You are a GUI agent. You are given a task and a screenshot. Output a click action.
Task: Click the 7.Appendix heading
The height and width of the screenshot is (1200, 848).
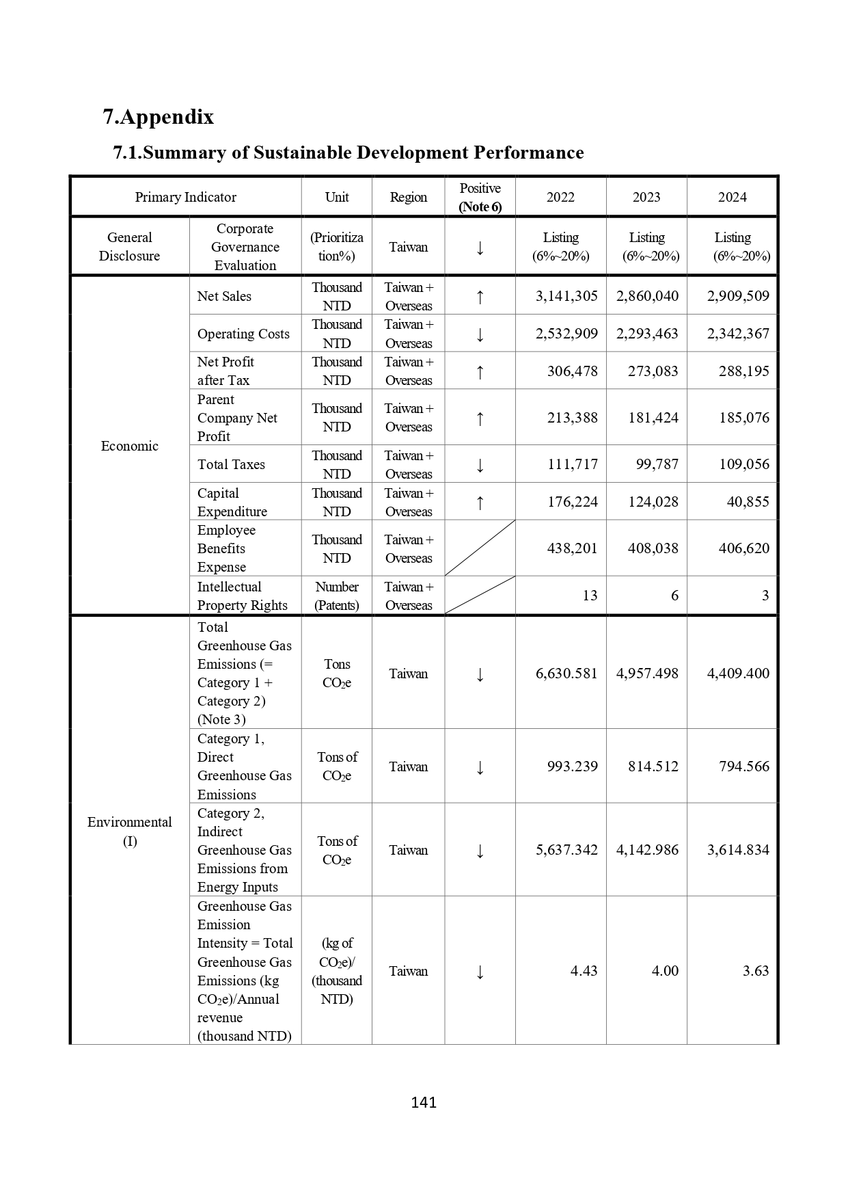coord(159,117)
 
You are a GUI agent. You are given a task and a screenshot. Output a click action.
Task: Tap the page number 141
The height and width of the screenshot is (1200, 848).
coord(424,1102)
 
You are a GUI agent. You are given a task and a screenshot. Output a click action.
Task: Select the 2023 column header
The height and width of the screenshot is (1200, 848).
coord(646,198)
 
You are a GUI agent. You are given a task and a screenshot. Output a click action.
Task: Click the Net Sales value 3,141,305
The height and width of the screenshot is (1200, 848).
coord(566,296)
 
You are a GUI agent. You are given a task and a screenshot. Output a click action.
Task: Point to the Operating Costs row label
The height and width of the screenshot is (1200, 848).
coord(243,334)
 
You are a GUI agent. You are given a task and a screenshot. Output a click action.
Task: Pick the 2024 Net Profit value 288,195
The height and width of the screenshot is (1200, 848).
coord(743,371)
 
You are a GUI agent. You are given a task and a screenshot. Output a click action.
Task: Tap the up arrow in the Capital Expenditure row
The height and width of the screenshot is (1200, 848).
coord(480,503)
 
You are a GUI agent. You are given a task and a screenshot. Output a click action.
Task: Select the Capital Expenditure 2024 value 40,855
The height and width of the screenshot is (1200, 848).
coord(748,502)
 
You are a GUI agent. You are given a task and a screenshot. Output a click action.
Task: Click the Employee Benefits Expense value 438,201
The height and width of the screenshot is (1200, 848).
coord(572,548)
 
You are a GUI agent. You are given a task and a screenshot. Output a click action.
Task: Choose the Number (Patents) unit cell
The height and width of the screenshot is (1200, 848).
coord(337,596)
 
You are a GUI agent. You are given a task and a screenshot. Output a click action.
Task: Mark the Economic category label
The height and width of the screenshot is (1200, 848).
coord(130,446)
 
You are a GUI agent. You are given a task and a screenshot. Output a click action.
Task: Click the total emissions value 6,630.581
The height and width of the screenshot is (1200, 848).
coord(566,674)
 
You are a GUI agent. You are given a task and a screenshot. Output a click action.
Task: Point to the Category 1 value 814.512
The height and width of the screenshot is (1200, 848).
coord(653,766)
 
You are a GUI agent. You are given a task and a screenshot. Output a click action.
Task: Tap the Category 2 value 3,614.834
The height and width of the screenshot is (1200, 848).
coord(738,850)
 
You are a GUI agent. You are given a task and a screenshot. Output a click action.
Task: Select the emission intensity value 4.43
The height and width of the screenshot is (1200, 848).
coord(584,971)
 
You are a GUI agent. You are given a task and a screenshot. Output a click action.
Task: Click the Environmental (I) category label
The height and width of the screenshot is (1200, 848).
coord(130,831)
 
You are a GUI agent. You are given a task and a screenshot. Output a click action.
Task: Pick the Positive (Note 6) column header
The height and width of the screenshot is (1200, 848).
coord(480,198)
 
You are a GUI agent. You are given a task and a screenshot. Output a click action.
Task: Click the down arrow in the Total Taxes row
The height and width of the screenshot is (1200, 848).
coord(480,465)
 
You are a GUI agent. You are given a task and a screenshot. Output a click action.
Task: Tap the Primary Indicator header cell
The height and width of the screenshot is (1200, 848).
coord(185,198)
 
